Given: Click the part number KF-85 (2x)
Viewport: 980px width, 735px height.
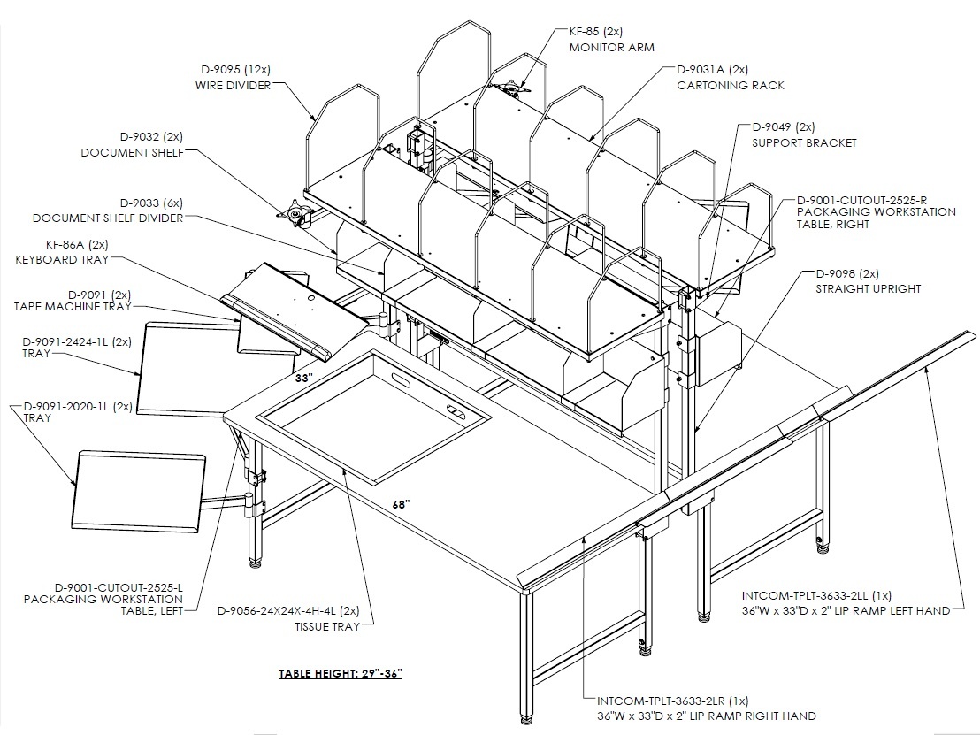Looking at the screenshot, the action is click(x=595, y=31).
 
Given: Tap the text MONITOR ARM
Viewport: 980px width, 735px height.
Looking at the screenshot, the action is click(x=611, y=47).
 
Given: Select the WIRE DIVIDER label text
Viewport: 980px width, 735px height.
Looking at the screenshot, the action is click(x=234, y=85).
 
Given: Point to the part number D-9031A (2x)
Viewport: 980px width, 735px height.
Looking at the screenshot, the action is click(x=713, y=69).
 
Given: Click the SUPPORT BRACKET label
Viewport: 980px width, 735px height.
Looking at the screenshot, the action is click(x=804, y=142).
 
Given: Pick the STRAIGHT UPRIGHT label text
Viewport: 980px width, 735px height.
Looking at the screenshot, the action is click(x=869, y=288).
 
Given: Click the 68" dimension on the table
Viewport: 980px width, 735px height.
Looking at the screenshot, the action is click(x=402, y=504).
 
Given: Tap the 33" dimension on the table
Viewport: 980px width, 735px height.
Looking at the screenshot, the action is click(x=303, y=379).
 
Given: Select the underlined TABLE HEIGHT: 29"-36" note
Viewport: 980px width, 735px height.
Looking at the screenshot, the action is click(x=340, y=673).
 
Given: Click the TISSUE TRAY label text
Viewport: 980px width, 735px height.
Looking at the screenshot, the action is click(x=327, y=626).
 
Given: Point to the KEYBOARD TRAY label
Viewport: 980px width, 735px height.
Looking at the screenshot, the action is click(x=62, y=259).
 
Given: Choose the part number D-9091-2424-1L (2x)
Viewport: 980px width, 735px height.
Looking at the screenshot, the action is click(x=77, y=342).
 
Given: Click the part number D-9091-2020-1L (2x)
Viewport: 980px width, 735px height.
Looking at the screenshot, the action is click(x=78, y=406).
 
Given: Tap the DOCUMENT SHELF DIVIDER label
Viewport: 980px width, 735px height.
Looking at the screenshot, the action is click(x=108, y=218).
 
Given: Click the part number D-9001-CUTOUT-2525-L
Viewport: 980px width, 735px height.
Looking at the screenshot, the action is click(x=119, y=587).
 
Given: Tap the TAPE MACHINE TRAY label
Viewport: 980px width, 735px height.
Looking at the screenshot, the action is click(x=73, y=306).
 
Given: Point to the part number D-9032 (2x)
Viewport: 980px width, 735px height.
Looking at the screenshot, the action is click(x=152, y=137).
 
